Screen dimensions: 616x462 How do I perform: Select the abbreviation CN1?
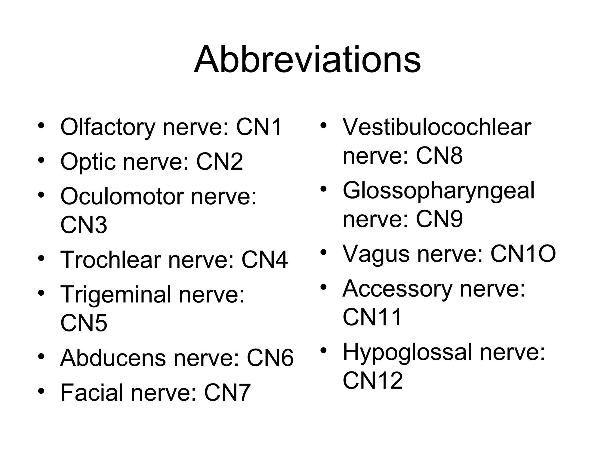259,127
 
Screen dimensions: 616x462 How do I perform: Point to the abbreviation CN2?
219,162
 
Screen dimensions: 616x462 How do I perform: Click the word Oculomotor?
122,196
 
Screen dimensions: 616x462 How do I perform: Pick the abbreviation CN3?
84,225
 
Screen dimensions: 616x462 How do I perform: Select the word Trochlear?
111,260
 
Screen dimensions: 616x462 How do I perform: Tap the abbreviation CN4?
264,260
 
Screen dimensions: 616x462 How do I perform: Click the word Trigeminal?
116,294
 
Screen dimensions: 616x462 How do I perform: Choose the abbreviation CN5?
84,323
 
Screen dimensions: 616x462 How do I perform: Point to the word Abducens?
113,358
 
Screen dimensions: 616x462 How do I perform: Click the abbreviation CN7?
227,393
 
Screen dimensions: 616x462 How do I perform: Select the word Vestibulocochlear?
437,127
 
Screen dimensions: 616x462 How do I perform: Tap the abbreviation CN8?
439,156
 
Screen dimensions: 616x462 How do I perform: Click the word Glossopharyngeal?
439,191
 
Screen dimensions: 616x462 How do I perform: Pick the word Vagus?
376,254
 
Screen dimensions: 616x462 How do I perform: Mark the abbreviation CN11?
372,317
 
